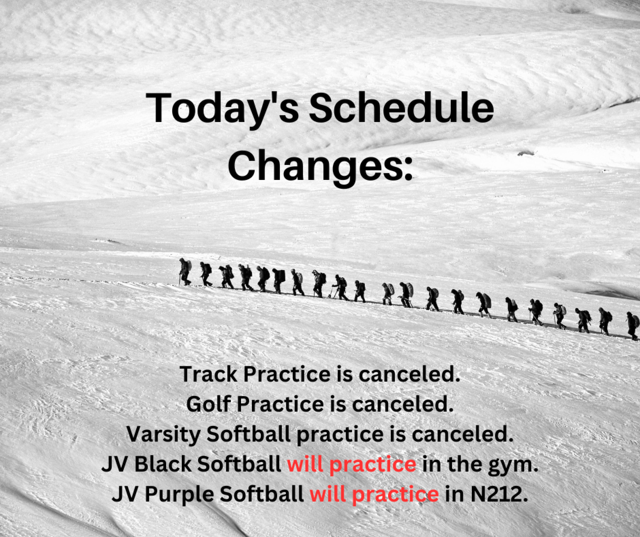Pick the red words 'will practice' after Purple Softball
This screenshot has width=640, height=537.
click(x=374, y=495)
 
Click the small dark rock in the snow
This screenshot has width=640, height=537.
click(x=526, y=153)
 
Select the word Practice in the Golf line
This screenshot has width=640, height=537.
click(x=280, y=404)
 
